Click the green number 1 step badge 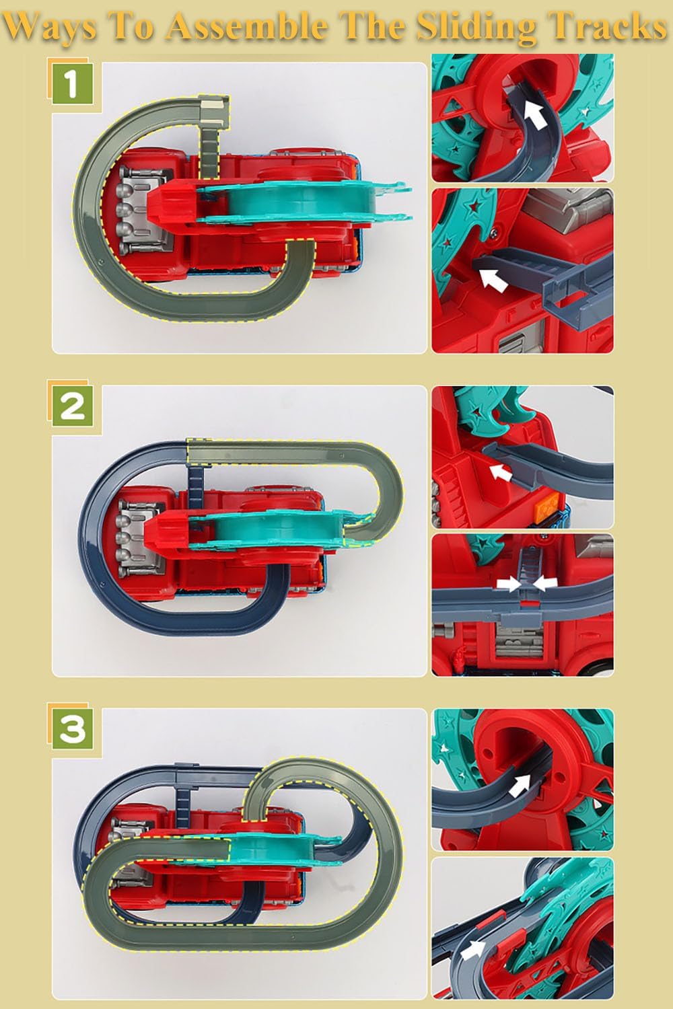pyautogui.click(x=73, y=85)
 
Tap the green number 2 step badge pyautogui.click(x=73, y=406)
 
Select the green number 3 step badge pyautogui.click(x=73, y=729)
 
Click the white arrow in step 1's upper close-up pyautogui.click(x=536, y=112)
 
